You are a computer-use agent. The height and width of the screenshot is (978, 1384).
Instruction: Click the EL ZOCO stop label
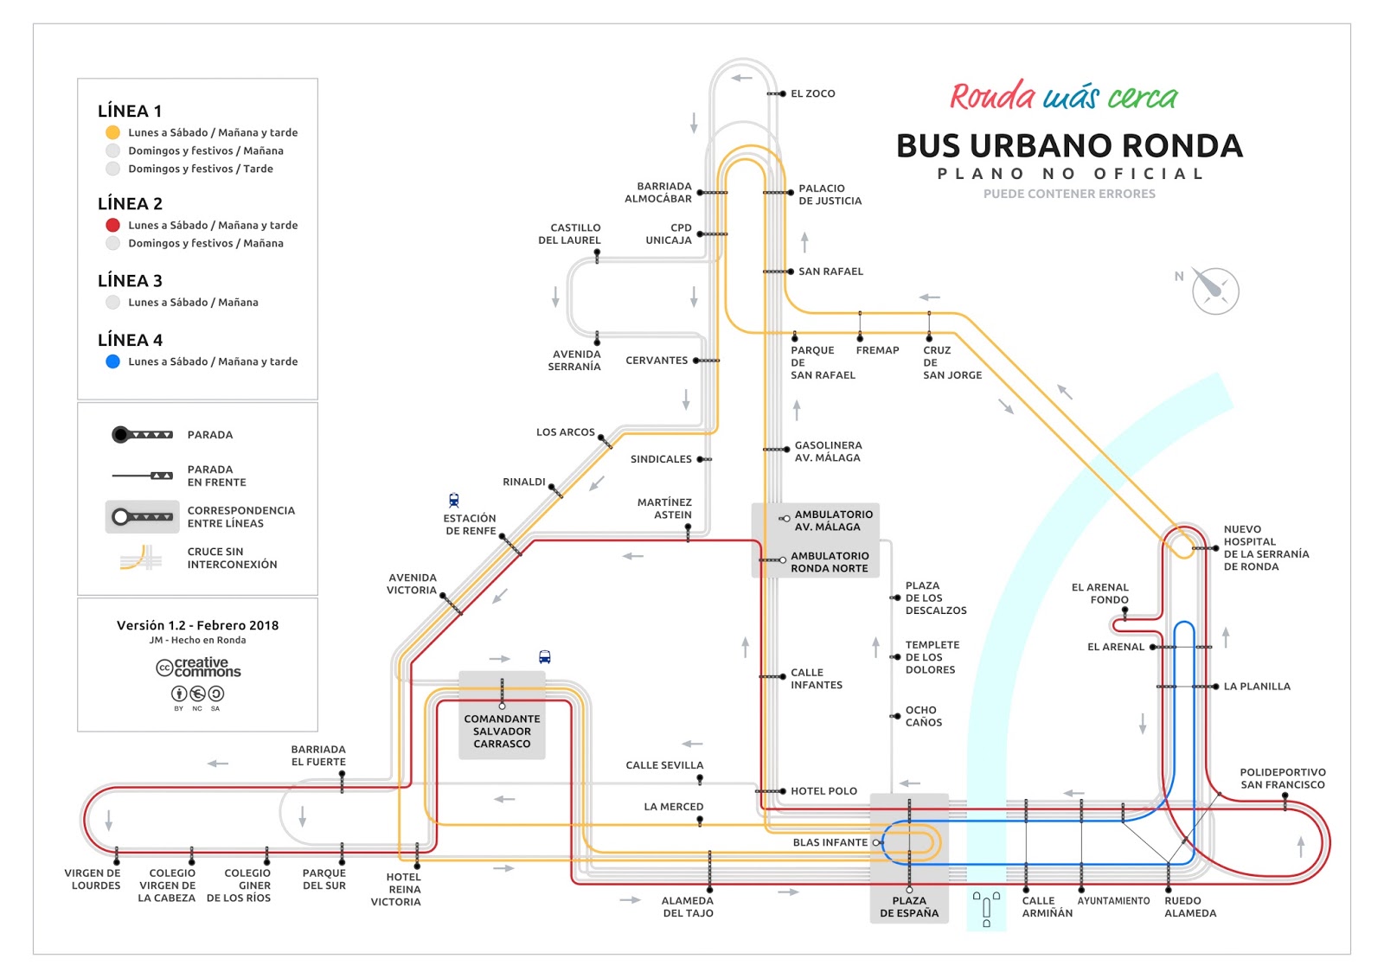click(812, 93)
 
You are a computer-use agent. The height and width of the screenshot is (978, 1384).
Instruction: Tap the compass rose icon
click(1214, 291)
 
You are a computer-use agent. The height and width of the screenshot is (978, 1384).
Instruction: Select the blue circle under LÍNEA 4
click(112, 361)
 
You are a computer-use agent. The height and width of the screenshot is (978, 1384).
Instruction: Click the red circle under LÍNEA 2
click(112, 225)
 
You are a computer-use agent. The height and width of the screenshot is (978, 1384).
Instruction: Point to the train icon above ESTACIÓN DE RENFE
click(454, 500)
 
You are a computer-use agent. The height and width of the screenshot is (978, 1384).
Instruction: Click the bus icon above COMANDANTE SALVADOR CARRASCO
click(544, 657)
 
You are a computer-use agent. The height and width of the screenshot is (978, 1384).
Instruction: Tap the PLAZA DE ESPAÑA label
click(909, 906)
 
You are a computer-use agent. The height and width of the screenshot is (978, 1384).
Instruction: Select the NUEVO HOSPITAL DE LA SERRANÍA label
click(1265, 547)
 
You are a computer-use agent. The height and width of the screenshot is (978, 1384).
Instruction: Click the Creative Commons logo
click(198, 668)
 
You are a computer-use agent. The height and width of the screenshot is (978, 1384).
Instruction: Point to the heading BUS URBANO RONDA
click(1069, 145)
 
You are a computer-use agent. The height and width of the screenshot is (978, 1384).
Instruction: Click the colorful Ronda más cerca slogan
click(1063, 97)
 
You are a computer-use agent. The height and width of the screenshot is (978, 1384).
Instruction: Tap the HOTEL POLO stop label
click(823, 791)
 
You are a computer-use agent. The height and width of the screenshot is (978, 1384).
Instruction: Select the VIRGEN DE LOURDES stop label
click(93, 879)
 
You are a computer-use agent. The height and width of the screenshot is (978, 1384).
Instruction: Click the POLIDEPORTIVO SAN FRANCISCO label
click(1282, 778)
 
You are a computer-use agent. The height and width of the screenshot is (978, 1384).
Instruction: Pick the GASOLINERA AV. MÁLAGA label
click(828, 451)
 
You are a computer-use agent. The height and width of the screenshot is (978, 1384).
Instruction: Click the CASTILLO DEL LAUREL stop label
click(569, 234)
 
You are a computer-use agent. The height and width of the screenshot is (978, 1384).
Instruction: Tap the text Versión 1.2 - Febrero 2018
click(197, 625)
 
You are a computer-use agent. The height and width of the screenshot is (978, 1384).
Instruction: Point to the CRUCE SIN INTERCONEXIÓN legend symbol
click(141, 558)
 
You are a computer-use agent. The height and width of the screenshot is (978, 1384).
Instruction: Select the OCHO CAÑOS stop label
click(924, 716)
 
